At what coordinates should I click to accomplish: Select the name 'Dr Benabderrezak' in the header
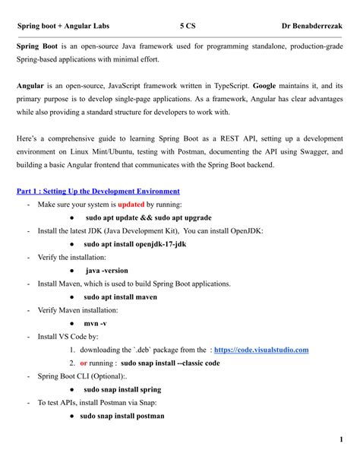point(311,26)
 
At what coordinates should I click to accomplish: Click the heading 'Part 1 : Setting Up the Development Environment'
point(98,192)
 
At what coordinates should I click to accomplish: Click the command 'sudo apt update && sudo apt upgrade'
point(148,217)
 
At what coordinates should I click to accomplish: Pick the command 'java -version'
point(106,271)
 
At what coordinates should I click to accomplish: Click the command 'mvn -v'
point(95,324)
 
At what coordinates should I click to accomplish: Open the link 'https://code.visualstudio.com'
point(261,350)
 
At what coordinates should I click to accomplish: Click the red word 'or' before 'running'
point(84,363)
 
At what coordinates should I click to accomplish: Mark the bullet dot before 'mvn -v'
point(71,324)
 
